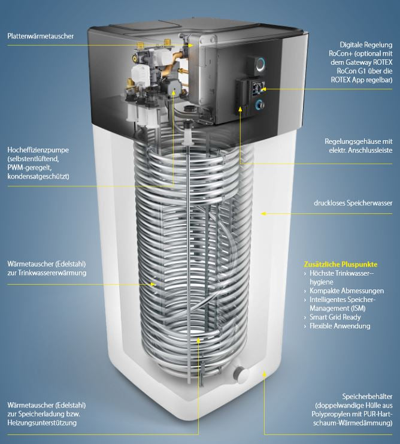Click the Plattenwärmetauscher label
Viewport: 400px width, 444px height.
click(40, 37)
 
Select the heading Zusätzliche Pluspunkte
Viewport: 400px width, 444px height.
click(341, 264)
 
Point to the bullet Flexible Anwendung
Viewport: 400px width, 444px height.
click(340, 326)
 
